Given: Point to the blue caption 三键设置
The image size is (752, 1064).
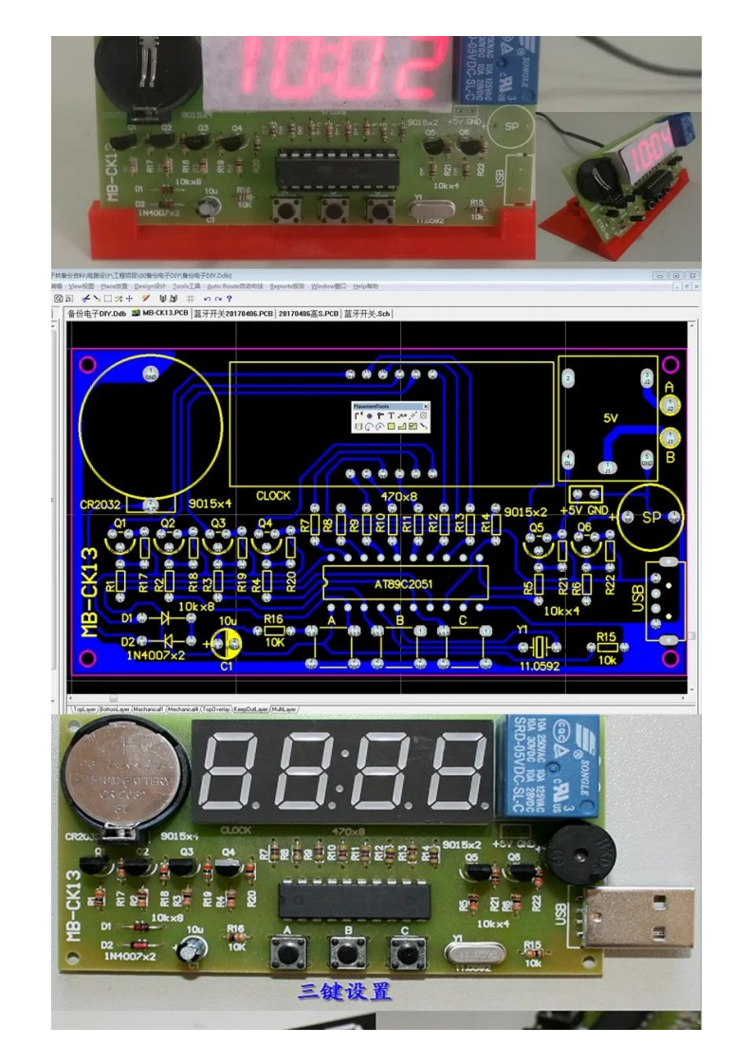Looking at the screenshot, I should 343,992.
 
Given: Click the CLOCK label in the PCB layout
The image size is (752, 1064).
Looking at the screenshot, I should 274,496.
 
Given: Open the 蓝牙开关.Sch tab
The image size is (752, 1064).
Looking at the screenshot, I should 367,312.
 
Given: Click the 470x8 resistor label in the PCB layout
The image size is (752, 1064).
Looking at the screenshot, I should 398,496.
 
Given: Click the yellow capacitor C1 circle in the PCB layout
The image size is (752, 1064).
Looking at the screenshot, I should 227,644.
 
